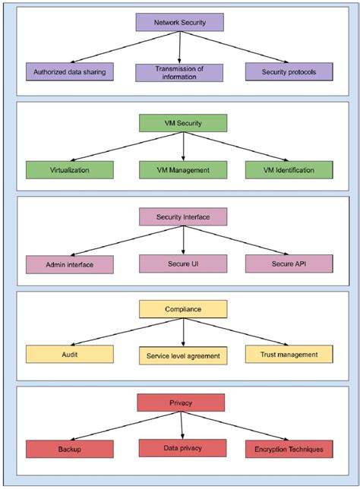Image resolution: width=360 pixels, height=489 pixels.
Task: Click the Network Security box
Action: (179, 22)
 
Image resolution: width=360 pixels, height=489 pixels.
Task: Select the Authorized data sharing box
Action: (69, 72)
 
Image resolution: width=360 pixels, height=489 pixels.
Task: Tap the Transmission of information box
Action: (179, 72)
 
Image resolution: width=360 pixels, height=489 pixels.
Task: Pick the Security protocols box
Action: (289, 72)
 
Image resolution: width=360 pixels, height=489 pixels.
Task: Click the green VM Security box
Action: (182, 123)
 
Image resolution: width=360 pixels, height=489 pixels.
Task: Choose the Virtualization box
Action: (69, 169)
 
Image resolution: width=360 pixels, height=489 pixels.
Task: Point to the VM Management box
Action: (182, 169)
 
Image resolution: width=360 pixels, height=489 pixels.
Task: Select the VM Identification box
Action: (289, 169)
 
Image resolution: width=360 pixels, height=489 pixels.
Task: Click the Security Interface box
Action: (182, 216)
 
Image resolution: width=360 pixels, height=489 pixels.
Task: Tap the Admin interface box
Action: (69, 264)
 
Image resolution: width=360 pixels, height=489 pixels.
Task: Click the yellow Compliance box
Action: (182, 309)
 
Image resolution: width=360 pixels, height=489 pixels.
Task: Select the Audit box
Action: (69, 354)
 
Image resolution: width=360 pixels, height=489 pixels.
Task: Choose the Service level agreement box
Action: (182, 355)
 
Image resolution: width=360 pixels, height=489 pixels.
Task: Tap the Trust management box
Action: (289, 354)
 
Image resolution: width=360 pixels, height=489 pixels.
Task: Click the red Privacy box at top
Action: (182, 402)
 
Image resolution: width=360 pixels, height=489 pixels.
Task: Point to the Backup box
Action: (69, 449)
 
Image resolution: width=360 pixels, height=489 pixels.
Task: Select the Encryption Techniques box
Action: (289, 449)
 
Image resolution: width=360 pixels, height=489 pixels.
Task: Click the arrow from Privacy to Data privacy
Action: (182, 425)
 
